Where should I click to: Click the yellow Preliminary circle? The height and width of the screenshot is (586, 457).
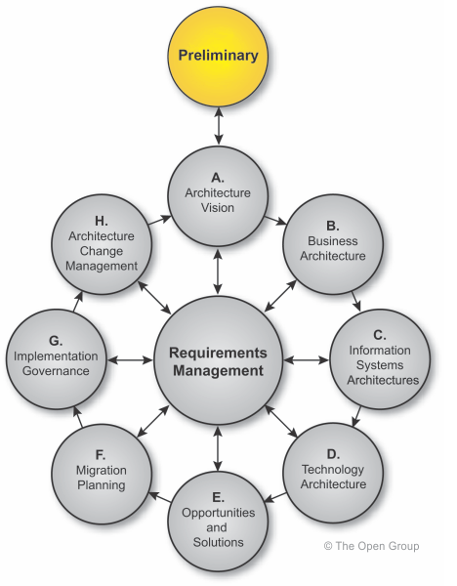(x=218, y=57)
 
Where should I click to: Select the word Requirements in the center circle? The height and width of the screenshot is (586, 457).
(x=218, y=353)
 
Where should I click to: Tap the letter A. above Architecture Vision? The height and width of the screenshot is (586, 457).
(x=218, y=178)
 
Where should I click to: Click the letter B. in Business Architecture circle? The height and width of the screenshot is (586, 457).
(x=333, y=227)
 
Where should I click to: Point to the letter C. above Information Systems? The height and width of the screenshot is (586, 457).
(x=380, y=335)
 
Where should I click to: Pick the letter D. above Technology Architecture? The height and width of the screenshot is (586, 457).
(x=333, y=454)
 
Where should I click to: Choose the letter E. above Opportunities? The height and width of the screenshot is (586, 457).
(x=218, y=497)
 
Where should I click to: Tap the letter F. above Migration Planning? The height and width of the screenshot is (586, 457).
(x=101, y=455)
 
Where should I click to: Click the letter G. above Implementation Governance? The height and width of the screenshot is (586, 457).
(x=56, y=341)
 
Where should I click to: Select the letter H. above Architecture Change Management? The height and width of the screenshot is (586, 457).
(x=102, y=221)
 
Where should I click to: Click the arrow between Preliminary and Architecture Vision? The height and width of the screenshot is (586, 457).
(x=219, y=126)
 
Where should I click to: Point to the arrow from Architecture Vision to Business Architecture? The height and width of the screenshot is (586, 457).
(x=275, y=221)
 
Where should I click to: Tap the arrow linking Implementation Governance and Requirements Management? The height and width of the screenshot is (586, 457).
(x=130, y=359)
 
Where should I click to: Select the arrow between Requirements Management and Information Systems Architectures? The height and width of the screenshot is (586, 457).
(x=306, y=359)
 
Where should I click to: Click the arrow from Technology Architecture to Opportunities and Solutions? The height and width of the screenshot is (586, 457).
(x=275, y=497)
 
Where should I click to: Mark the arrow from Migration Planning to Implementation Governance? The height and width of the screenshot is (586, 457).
(x=78, y=416)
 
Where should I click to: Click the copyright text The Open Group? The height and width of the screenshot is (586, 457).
(x=371, y=546)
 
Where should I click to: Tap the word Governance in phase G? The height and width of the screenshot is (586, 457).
(x=56, y=371)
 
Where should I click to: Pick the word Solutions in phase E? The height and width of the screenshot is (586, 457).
(x=218, y=542)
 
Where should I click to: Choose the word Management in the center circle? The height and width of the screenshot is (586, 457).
(x=218, y=371)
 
